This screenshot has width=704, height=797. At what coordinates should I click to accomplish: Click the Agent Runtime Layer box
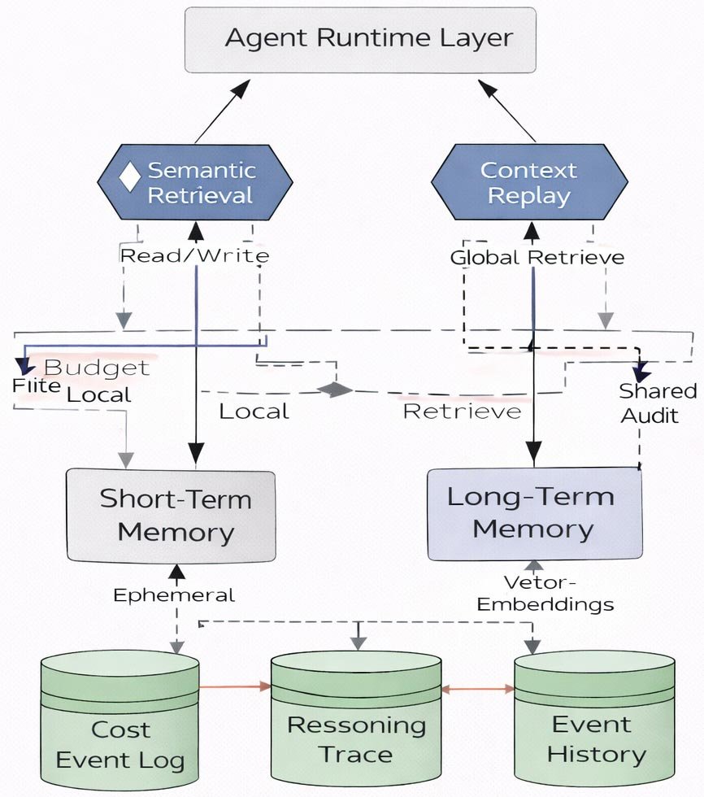click(x=360, y=39)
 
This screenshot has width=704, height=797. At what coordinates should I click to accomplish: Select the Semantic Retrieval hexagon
click(x=194, y=182)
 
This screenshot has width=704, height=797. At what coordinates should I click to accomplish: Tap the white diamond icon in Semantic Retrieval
click(x=130, y=178)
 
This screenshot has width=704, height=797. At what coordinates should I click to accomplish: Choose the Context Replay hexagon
click(x=528, y=182)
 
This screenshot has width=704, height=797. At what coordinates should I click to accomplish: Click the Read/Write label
click(x=194, y=255)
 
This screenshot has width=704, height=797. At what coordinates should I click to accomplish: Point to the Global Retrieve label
click(x=537, y=257)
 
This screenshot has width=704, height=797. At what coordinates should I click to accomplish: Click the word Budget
click(x=97, y=368)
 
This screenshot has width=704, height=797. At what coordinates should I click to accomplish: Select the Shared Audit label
click(x=657, y=403)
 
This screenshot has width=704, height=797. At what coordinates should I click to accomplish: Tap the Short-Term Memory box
click(x=171, y=515)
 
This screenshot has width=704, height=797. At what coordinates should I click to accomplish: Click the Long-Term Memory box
click(x=534, y=513)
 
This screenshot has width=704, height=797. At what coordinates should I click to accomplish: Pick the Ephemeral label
click(x=174, y=595)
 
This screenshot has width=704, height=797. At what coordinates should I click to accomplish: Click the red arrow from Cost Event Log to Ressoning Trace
click(x=234, y=687)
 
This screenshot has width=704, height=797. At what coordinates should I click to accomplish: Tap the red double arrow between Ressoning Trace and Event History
click(x=478, y=689)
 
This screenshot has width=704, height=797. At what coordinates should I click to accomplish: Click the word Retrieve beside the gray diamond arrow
click(x=462, y=412)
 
